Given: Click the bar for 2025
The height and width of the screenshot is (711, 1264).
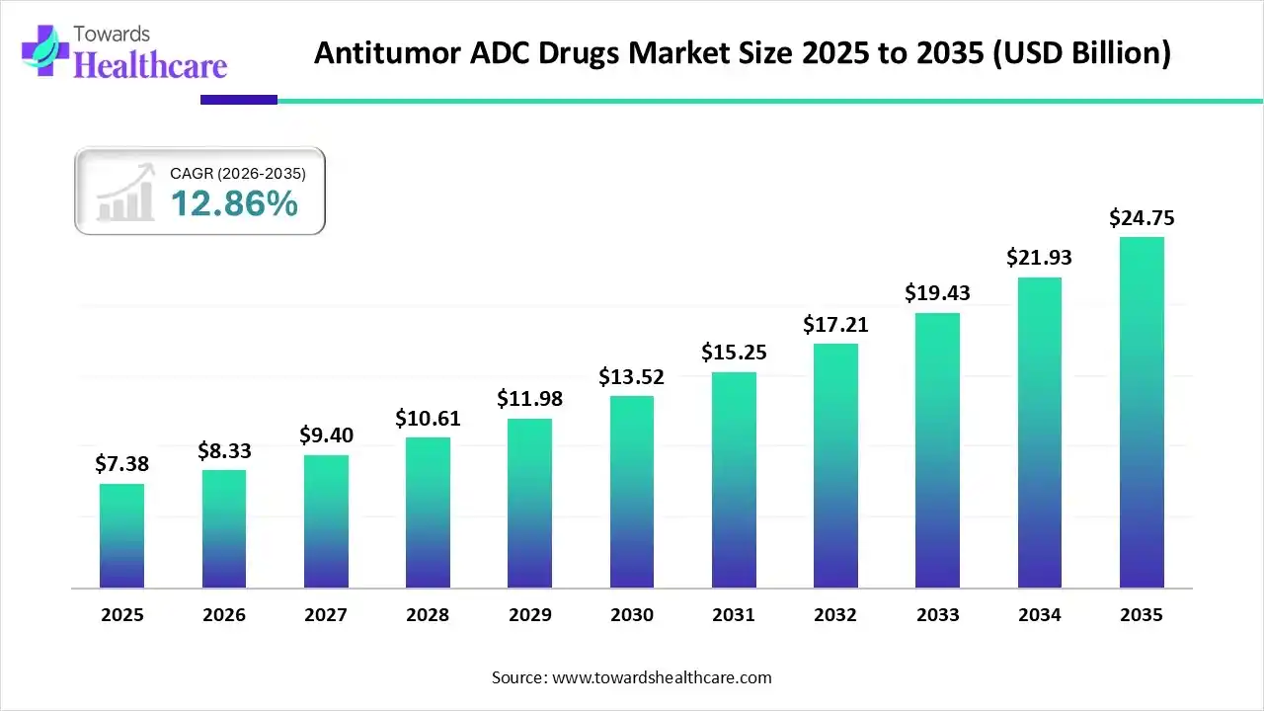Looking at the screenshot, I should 121,536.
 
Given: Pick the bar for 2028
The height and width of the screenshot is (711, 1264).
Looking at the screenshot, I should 428,513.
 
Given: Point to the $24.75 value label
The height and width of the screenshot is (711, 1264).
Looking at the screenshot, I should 1142,218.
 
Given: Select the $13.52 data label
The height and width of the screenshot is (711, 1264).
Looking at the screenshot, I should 631,377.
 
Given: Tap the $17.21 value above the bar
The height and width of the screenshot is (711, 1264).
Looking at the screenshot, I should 835,324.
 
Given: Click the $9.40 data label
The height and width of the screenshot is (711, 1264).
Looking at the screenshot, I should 325,435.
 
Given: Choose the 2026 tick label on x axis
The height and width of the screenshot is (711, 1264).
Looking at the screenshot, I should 223,615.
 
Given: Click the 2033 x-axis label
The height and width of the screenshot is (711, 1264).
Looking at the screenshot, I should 937,615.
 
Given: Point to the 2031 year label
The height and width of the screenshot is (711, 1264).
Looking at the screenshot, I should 733,615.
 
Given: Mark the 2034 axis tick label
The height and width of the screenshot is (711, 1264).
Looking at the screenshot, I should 1039,615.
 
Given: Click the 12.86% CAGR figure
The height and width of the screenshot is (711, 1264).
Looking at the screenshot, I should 234,203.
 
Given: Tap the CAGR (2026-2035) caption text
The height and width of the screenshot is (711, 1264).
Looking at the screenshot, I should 238,174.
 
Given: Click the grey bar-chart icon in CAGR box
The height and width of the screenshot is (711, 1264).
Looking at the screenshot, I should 125,193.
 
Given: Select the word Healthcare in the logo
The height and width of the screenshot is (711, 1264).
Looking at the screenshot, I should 150,65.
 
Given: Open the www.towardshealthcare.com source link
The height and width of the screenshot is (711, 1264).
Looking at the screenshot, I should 660,677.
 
